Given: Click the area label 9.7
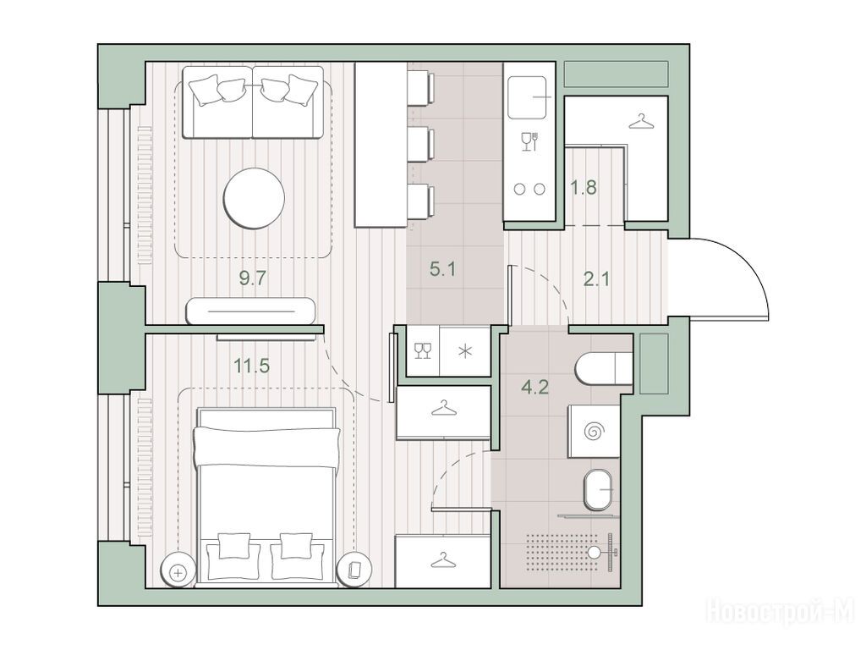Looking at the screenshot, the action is (x=253, y=278).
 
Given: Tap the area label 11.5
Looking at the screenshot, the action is (x=252, y=366).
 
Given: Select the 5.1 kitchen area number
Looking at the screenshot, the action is (x=443, y=270).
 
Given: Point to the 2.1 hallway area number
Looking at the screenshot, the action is (x=597, y=279).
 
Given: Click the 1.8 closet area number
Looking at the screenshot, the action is (x=584, y=187).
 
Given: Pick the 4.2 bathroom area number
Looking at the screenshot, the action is (x=534, y=387).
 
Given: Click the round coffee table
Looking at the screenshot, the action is (x=254, y=197).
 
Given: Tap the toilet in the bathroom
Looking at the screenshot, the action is (x=603, y=368).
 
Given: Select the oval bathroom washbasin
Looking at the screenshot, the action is (x=598, y=490).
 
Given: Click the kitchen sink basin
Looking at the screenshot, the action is (x=529, y=97).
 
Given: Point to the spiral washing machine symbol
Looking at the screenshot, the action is (x=595, y=431).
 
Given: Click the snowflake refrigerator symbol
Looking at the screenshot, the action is (x=466, y=351).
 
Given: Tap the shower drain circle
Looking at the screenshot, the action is (x=594, y=552).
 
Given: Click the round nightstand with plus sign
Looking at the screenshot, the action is (x=178, y=571).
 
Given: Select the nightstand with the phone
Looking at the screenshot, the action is (x=354, y=570).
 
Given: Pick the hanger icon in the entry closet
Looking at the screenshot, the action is (x=641, y=121).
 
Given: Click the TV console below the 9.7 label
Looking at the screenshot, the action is (x=250, y=311).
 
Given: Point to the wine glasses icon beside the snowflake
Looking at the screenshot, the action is (x=423, y=350).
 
